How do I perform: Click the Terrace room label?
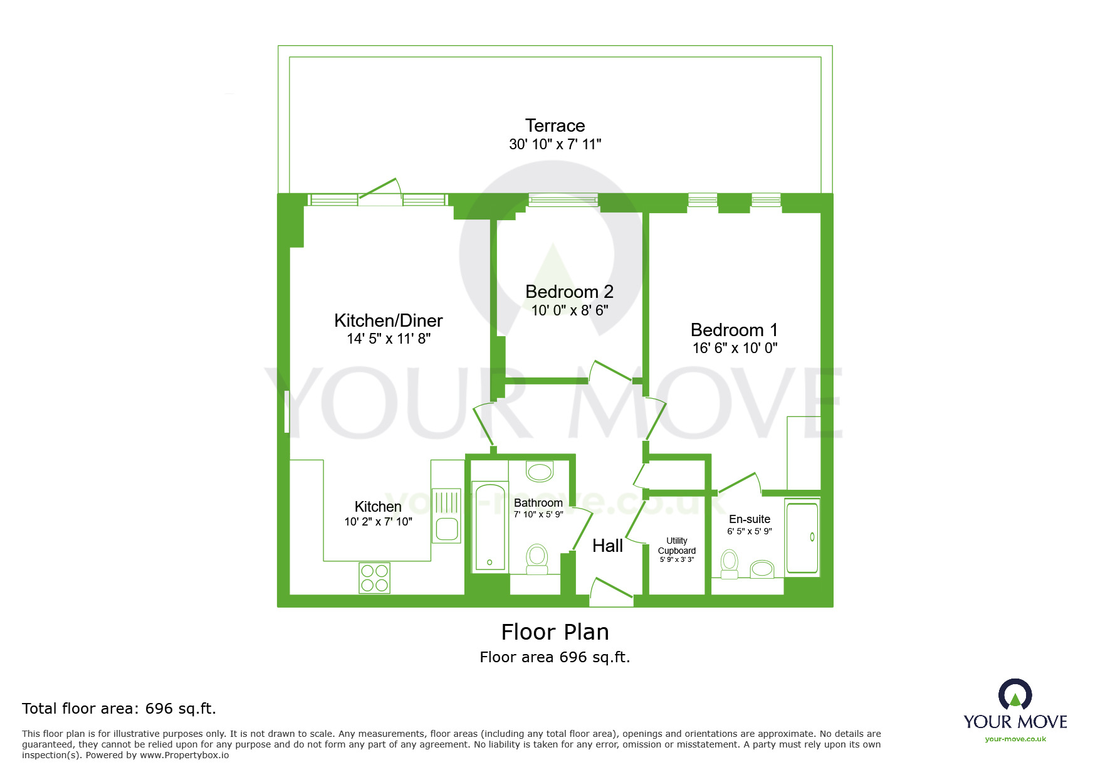click(555, 126)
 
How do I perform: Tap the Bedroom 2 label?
click(569, 292)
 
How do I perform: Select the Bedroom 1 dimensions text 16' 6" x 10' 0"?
click(735, 348)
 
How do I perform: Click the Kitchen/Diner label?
click(388, 321)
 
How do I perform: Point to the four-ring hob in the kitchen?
click(374, 578)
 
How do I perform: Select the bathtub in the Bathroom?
click(490, 527)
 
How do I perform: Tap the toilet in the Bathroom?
click(537, 559)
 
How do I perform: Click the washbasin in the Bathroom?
click(539, 472)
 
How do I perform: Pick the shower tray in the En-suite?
click(802, 537)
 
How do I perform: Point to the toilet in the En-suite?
click(730, 563)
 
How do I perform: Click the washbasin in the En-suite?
click(762, 568)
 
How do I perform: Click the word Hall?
click(607, 546)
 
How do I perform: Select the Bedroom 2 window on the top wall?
click(563, 199)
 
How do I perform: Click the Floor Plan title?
click(555, 632)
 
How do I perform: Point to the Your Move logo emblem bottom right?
click(1015, 695)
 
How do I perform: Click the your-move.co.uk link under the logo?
click(1015, 739)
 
